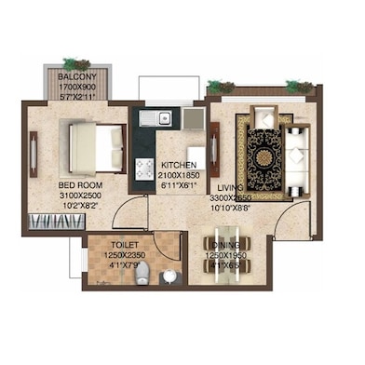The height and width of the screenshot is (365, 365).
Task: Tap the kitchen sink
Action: pyautogui.click(x=163, y=118)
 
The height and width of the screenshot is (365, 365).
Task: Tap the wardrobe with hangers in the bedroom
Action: pyautogui.click(x=47, y=223)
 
